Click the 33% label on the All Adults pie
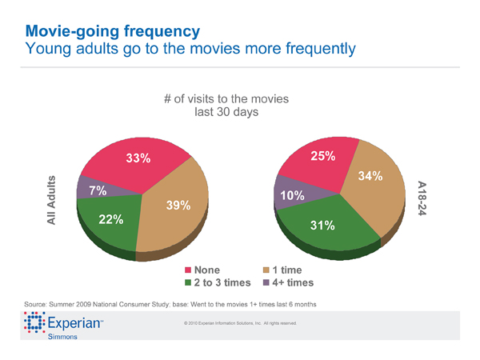[x=138, y=158]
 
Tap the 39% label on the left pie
[x=178, y=206]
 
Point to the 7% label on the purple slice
[x=98, y=190]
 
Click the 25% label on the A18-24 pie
[x=322, y=156]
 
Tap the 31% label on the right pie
[x=322, y=226]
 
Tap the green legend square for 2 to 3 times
[x=189, y=283]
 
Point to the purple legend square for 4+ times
[x=266, y=283]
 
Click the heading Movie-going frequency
[x=112, y=32]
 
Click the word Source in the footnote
[x=39, y=305]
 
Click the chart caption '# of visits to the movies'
[x=226, y=99]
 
